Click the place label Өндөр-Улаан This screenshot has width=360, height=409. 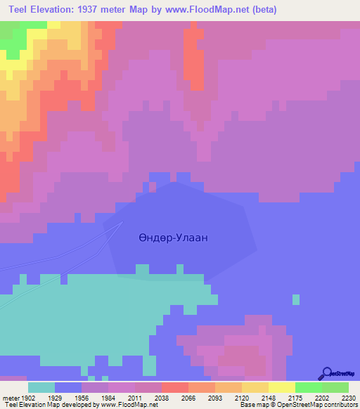[x=173, y=238]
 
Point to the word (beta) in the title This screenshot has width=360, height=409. [x=261, y=10]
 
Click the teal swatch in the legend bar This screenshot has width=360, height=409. [x=41, y=387]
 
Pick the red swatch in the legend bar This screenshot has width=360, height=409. [x=175, y=387]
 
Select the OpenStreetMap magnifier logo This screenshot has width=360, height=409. [x=326, y=373]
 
